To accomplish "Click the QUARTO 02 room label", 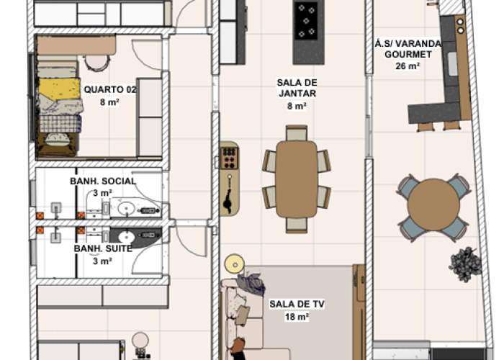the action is [110, 89].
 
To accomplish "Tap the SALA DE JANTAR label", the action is [297, 88].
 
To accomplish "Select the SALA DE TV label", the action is [297, 304].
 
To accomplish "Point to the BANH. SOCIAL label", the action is [103, 181].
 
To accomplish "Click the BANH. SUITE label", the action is [103, 248].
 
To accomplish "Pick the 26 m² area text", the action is [408, 66].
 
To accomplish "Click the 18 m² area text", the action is [297, 317].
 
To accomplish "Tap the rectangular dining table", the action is [297, 179].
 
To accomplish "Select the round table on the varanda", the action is [433, 204].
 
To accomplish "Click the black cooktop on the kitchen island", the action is [306, 21].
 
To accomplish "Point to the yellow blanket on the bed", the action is [60, 89].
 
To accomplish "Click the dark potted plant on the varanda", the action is [465, 264].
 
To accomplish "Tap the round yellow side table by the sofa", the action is [235, 264].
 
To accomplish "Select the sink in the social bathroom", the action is [126, 209].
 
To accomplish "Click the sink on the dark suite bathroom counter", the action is [126, 237].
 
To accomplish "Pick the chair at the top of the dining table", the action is [297, 133].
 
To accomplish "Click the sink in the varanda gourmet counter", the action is [452, 64].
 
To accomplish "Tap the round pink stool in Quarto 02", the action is [97, 63].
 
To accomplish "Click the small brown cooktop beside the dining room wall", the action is [230, 158].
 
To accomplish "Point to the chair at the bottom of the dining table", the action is [297, 225].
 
